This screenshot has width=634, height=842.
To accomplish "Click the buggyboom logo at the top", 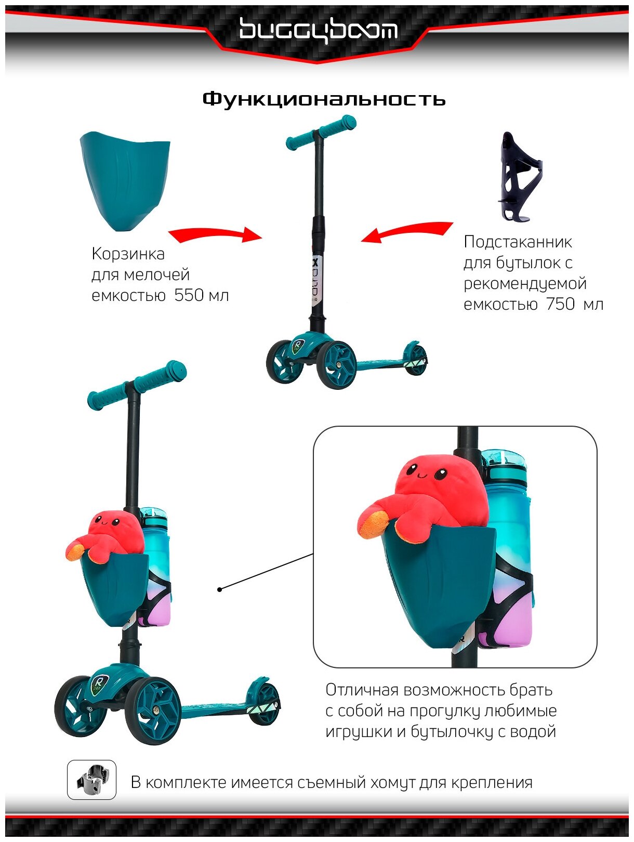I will click(318, 30).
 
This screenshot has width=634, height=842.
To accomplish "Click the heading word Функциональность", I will click(324, 99).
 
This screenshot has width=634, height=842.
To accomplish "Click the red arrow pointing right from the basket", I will click(215, 235).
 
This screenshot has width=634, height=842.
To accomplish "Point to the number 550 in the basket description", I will click(189, 295).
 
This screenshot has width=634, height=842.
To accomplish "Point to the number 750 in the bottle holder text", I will click(560, 304).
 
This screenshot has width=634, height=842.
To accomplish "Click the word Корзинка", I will click(128, 254).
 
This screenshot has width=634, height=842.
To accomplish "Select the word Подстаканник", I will click(518, 242).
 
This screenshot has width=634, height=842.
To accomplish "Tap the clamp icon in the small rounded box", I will click(91, 780).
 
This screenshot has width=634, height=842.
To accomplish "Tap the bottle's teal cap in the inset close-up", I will click(503, 461).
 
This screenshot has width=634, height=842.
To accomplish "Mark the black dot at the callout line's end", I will click(220, 589).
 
